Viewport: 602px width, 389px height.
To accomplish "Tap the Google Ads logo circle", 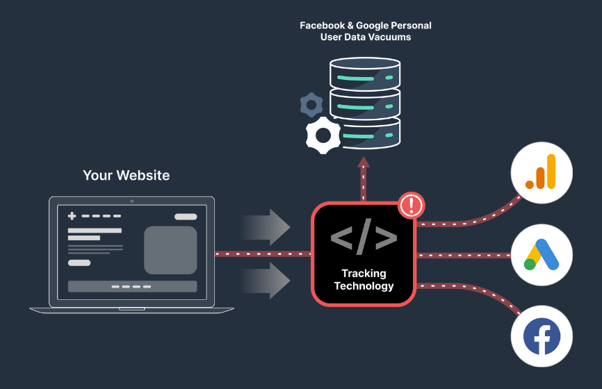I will point(542,255).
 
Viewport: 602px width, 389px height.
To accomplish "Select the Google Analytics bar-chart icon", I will point(542,172).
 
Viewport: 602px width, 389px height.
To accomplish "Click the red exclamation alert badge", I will point(412,206).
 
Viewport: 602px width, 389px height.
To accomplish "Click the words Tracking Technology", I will point(364,279).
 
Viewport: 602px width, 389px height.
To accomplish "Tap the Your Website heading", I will point(126,175).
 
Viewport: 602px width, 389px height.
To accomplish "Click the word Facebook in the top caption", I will point(323,25).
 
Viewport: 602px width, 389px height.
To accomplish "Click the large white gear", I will point(324,135).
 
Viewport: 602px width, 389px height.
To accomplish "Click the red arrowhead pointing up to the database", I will point(364,163).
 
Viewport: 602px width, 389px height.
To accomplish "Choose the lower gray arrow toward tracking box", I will point(267,281).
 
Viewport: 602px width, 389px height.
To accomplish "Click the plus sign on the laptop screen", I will point(72,216).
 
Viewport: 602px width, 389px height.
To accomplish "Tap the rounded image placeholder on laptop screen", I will point(170,250).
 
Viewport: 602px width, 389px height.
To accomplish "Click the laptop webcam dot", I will point(131,201).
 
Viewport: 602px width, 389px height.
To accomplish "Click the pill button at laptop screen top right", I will point(186,216).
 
